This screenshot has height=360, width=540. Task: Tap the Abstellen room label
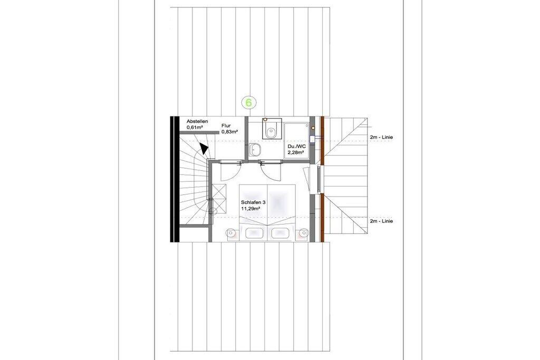(197, 121)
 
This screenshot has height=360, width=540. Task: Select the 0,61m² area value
(195, 128)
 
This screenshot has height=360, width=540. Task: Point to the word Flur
(226, 126)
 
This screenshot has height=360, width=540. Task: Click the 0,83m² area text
(230, 131)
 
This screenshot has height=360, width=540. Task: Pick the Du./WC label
(296, 147)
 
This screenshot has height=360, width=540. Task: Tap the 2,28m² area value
(296, 152)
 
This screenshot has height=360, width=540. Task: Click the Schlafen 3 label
(253, 203)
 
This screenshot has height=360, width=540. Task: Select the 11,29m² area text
(250, 208)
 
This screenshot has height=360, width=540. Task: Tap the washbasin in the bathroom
(255, 150)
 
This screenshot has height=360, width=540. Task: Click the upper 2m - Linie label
(381, 138)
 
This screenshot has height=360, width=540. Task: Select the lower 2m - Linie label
(381, 221)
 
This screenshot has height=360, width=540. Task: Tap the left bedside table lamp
(231, 233)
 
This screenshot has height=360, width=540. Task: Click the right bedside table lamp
(303, 233)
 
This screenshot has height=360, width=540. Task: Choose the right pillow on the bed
(281, 233)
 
